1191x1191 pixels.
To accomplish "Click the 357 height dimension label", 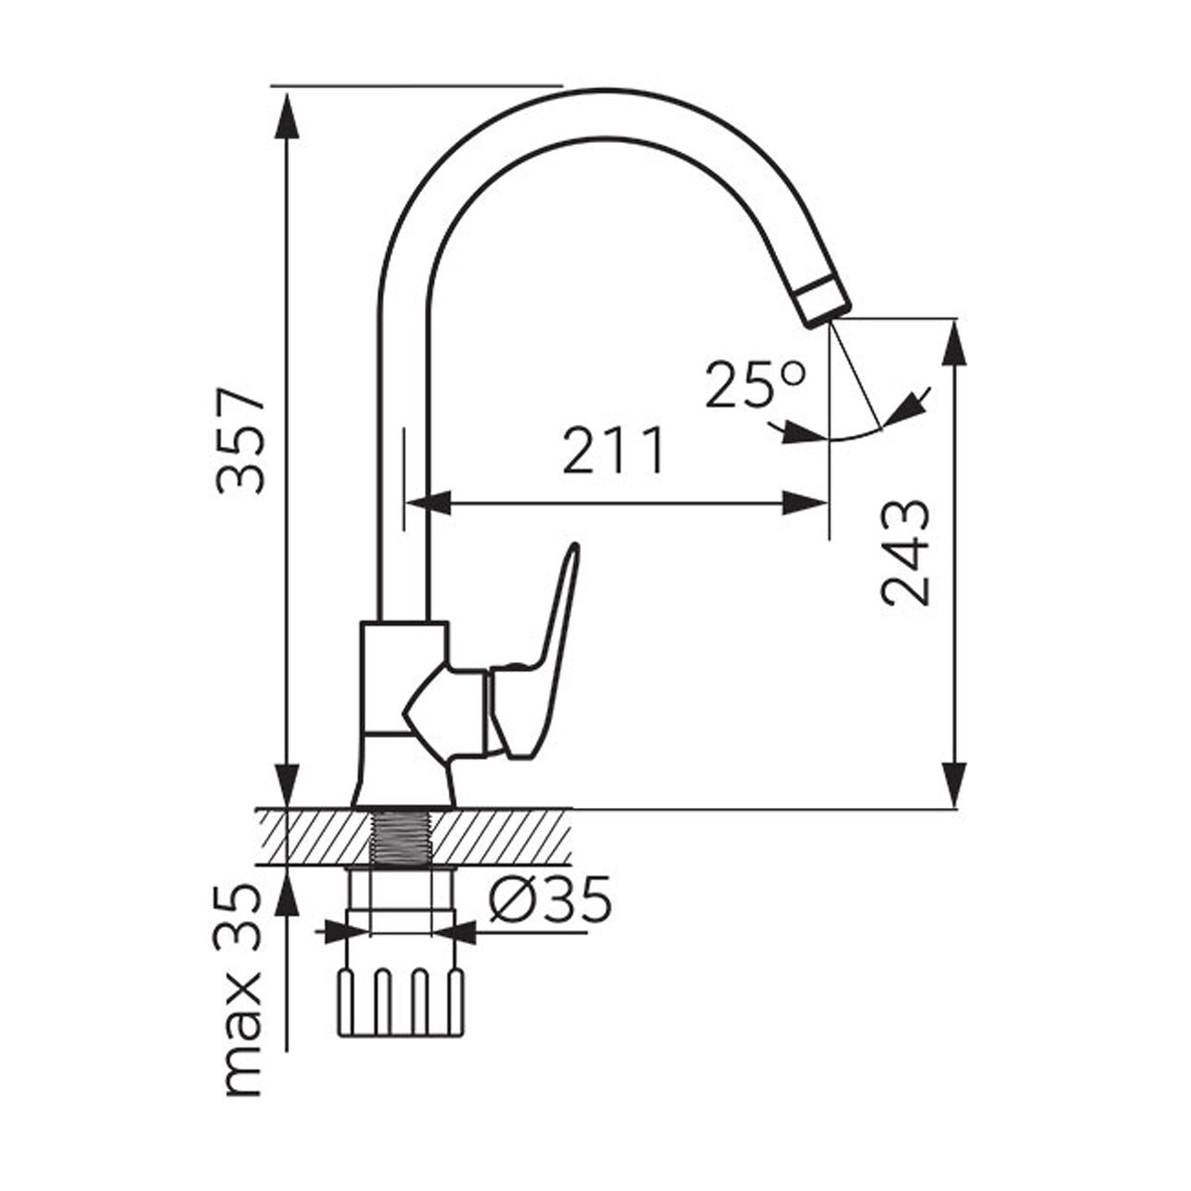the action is pos(241,442).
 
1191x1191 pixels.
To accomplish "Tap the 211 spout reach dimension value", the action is pos(613,450).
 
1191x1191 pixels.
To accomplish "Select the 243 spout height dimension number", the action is pos(906,554).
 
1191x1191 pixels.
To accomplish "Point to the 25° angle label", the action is pos(756,384).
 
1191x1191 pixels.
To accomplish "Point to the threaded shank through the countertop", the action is pos(401,836).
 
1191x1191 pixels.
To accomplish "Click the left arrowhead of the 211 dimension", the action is pos(429,502).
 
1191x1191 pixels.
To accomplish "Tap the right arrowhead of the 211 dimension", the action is pos(805,502).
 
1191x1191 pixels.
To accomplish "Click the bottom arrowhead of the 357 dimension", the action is pos(288,784).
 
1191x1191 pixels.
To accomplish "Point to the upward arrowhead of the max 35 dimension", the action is pos(288,890).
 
